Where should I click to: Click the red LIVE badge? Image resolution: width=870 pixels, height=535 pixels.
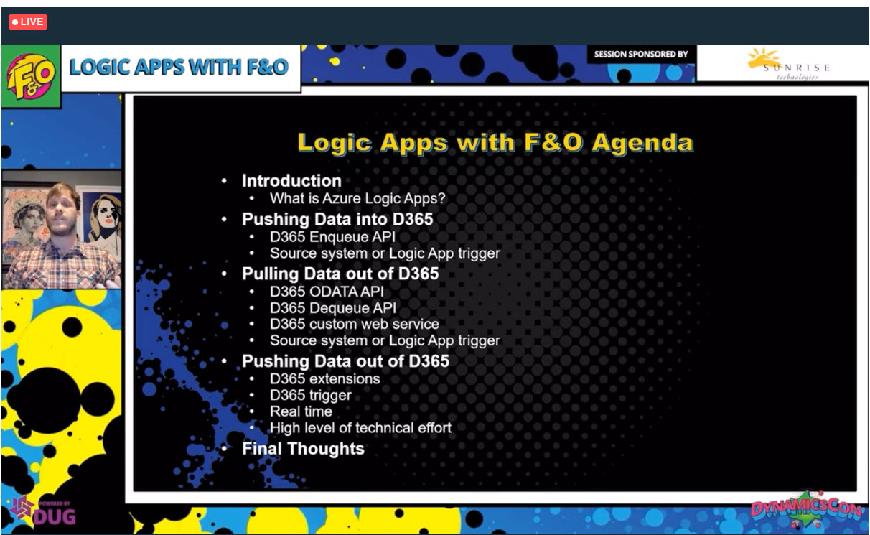coord(28,22)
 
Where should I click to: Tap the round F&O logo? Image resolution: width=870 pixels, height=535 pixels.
coord(31,76)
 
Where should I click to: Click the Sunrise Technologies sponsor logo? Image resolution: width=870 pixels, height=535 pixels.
coord(788,64)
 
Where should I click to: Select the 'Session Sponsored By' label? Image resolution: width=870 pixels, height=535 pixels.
coord(641,54)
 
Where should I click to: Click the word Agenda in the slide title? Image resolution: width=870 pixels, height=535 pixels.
coord(642,144)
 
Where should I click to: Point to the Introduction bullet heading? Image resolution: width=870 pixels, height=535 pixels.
coord(291,181)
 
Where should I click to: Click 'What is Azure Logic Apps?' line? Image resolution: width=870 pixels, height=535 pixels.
coord(357,198)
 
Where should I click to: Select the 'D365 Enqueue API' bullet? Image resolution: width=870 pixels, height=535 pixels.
coord(332,237)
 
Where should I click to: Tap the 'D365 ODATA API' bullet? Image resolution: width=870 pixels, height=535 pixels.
coord(327,292)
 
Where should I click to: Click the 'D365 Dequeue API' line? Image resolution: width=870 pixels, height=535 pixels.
coord(333,308)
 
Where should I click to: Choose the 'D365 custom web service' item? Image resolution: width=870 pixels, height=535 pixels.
coord(355,324)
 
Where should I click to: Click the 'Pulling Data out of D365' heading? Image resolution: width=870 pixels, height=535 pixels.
coord(340,274)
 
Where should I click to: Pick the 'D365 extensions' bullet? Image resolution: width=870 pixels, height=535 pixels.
coord(324,379)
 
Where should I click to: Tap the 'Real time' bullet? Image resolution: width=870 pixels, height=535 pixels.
coord(301,411)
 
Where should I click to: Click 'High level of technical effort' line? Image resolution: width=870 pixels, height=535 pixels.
coord(360,428)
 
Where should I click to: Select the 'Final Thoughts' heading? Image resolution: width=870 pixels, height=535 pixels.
coord(303,449)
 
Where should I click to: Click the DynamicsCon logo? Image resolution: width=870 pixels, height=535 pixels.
coord(806,509)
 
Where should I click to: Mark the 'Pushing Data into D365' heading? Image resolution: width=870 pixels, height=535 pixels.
coord(337,219)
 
